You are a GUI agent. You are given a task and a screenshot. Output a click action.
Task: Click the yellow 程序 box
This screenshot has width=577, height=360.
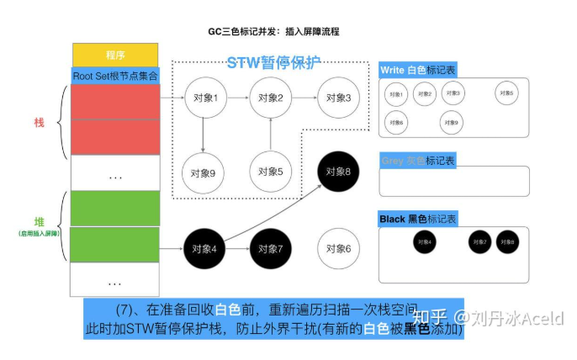click(114, 55)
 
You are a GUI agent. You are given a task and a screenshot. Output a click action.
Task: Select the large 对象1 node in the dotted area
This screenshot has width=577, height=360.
click(204, 98)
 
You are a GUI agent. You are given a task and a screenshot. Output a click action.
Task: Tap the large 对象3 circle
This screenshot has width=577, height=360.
click(339, 98)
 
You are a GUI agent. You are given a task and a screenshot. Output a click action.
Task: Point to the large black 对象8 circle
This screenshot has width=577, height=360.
click(339, 172)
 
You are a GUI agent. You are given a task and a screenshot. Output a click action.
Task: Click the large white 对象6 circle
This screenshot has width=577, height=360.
click(339, 248)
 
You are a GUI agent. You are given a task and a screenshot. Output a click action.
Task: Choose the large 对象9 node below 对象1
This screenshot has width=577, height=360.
click(204, 172)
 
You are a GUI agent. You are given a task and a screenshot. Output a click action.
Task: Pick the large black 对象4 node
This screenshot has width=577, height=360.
click(204, 248)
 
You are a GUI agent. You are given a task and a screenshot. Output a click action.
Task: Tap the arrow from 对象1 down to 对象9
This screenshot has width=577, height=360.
click(204, 135)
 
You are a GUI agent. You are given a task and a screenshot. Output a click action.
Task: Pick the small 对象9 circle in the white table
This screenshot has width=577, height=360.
click(451, 123)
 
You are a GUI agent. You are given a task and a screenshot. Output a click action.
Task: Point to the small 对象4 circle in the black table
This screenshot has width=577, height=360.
click(424, 242)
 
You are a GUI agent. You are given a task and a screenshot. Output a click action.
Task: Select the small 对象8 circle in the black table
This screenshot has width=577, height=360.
click(507, 242)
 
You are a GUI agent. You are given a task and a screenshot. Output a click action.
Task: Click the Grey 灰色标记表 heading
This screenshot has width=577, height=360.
click(418, 160)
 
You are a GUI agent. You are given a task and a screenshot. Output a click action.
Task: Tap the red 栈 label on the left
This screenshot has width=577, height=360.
click(39, 124)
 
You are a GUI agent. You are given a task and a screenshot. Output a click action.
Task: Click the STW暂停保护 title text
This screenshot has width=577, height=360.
click(273, 64)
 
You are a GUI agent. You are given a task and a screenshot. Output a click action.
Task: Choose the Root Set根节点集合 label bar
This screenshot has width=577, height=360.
click(114, 75)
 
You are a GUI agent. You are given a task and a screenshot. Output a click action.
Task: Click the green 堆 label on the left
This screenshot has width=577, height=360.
click(39, 221)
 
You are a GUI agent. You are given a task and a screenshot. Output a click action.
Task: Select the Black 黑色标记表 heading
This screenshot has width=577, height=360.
click(418, 220)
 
